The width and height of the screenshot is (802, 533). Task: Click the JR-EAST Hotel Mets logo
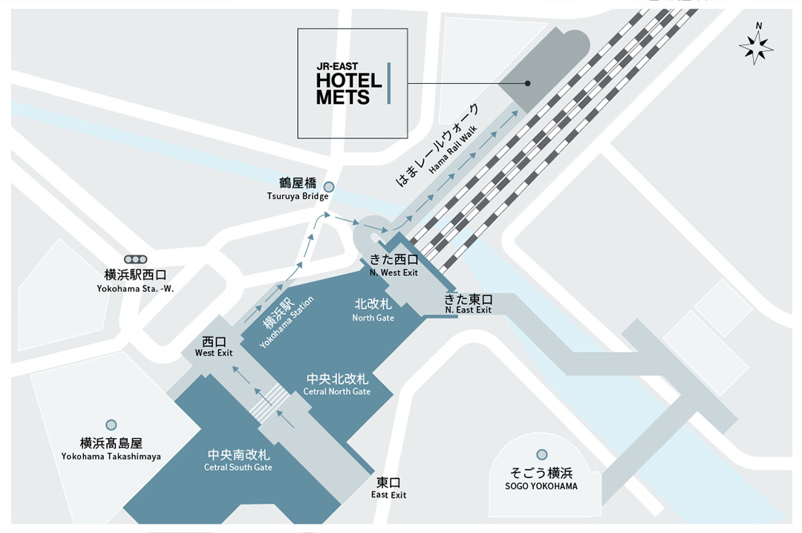pos(353,83)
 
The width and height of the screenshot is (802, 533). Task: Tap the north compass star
pos(756,47)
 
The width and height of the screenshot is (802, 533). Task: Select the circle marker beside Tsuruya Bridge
pos(329,187)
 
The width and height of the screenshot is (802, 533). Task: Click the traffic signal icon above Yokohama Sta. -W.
pos(136,259)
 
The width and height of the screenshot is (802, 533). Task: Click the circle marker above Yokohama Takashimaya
pos(111,425)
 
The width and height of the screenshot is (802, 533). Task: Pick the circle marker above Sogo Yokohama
pos(541,454)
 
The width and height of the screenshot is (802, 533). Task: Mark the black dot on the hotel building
pos(528,83)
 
